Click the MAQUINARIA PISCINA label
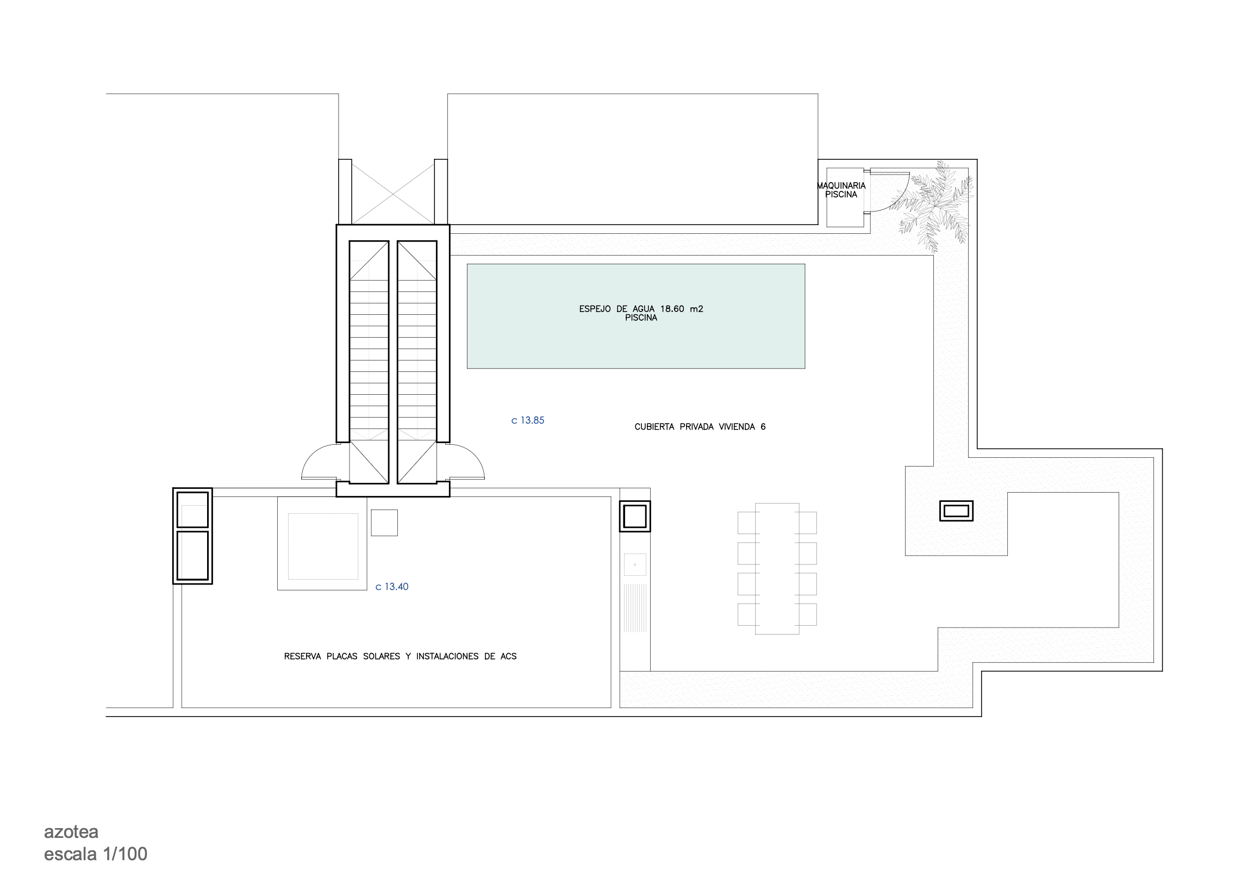pos(841,190)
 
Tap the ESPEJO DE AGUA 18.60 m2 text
pos(641,309)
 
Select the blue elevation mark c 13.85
pos(528,420)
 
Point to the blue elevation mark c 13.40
pos(392,587)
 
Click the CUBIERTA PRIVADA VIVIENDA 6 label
pos(700,426)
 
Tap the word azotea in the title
pos(71,832)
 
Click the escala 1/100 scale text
pos(95,854)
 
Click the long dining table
pos(777,569)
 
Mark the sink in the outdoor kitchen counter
pos(635,565)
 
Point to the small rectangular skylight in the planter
pos(956,511)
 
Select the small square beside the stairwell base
pos(384,523)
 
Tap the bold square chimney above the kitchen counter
pos(635,516)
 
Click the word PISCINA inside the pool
pos(641,318)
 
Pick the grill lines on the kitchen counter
pos(635,608)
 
